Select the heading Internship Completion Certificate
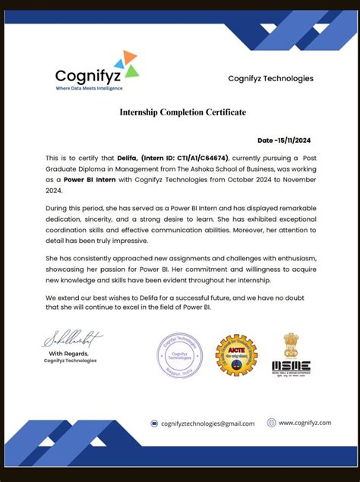point(182,112)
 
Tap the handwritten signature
point(72,339)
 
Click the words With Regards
point(68,354)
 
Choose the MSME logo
point(291,353)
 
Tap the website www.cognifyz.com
point(305,423)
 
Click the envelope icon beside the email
point(154,424)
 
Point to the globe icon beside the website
point(272,423)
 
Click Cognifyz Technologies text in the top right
point(270,78)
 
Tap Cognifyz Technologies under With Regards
point(70,361)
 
